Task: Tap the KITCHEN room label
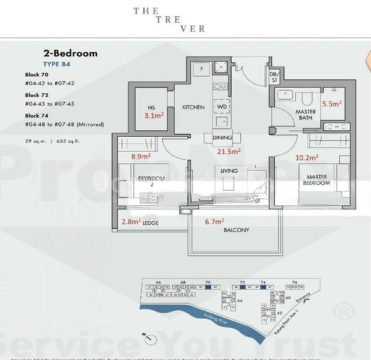coord(193,107)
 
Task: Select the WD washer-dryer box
coord(222,107)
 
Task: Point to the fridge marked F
coord(202,68)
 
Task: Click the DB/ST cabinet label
coord(274,76)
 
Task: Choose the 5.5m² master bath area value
coord(332,103)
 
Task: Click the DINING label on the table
coord(222,137)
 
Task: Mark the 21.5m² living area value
coord(229,151)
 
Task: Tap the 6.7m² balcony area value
coord(214,221)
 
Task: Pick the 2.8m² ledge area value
coord(131,221)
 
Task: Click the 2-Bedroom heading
coord(70,53)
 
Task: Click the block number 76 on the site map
coord(294,282)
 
